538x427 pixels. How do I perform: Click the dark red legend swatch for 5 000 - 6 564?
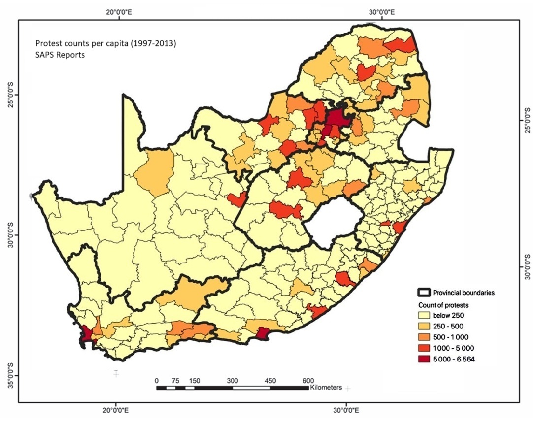click(x=425, y=359)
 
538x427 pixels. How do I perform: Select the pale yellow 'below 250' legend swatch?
click(x=425, y=315)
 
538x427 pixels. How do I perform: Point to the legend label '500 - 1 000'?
click(x=451, y=337)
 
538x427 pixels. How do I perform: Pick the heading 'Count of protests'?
click(x=443, y=305)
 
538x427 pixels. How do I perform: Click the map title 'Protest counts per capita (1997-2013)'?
click(x=105, y=44)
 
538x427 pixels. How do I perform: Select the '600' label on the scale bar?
click(x=308, y=380)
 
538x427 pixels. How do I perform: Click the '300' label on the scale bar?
click(x=232, y=380)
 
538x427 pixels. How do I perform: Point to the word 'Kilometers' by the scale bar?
click(x=326, y=388)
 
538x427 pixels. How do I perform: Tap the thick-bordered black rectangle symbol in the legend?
click(x=425, y=293)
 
